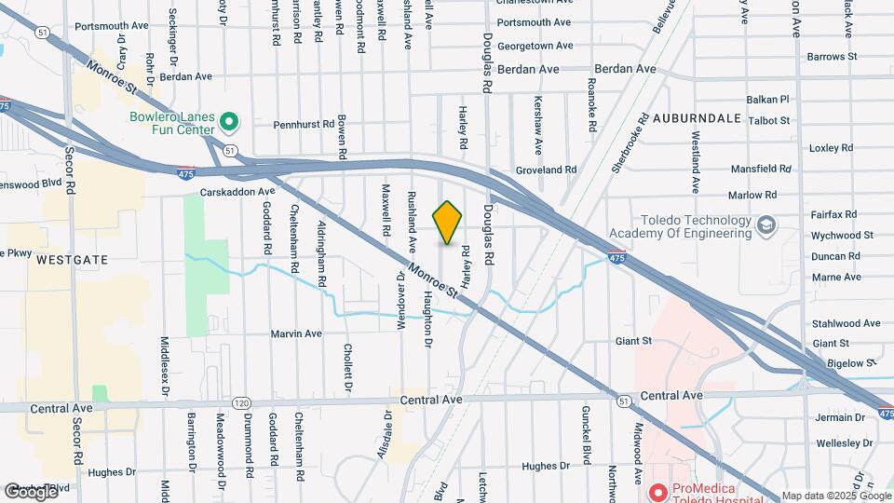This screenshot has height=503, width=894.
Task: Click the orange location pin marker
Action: click(448, 223)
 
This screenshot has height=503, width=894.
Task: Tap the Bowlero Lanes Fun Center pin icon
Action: click(230, 120)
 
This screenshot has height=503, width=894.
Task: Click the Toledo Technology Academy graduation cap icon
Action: click(765, 225)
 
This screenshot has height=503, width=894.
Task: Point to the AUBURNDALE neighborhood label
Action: click(697, 118)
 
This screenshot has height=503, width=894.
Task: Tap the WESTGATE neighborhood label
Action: click(74, 260)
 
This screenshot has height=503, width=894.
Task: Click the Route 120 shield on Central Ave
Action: click(242, 402)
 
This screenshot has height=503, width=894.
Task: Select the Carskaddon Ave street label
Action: click(237, 193)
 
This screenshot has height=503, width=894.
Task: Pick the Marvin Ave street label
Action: click(295, 333)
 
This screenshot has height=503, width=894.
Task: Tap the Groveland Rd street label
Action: click(547, 170)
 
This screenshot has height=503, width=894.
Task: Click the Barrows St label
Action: click(832, 57)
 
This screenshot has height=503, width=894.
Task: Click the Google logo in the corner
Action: click(30, 492)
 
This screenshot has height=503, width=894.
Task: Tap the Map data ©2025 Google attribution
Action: click(834, 496)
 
